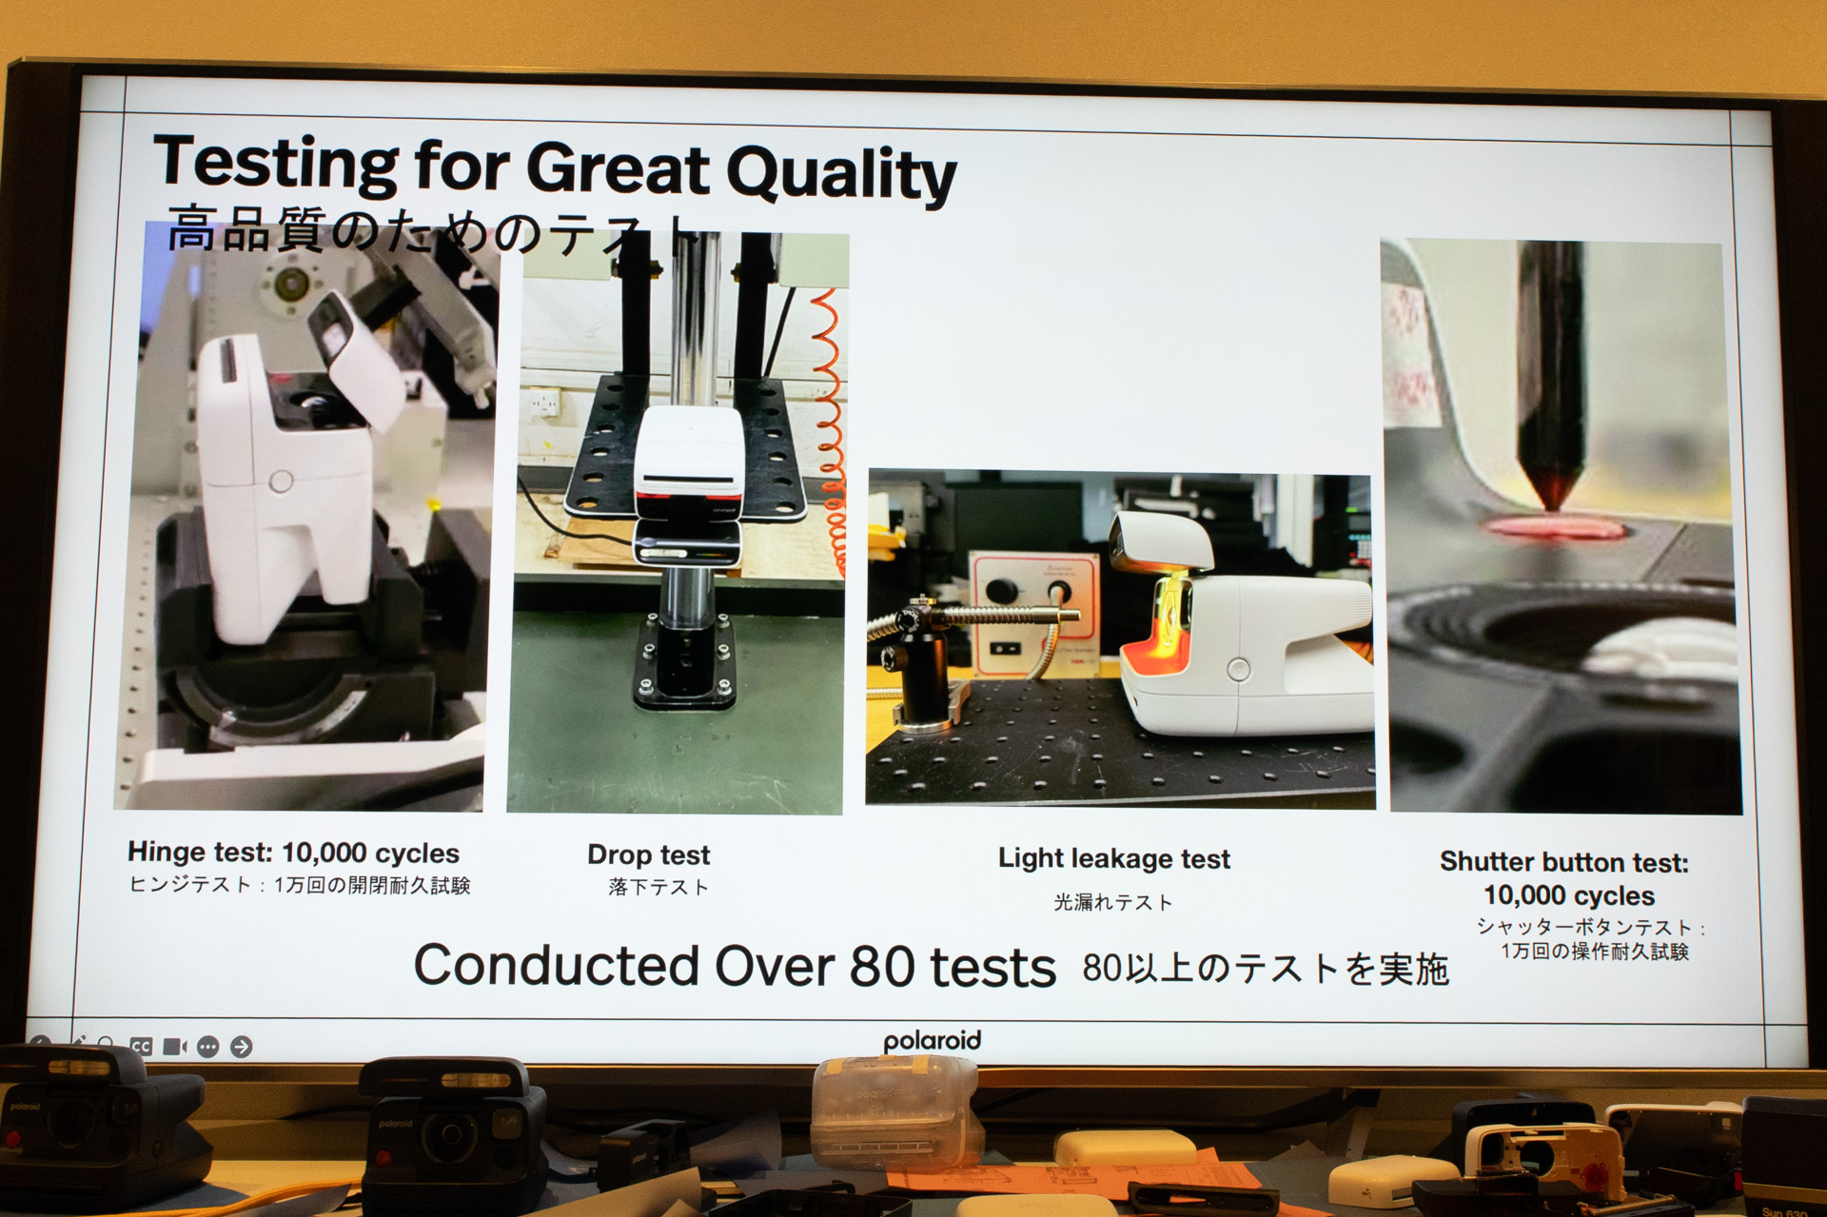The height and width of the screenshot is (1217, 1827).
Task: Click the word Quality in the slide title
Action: [841, 173]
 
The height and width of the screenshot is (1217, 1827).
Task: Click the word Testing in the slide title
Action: [275, 162]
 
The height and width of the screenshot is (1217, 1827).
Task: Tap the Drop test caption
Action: [648, 854]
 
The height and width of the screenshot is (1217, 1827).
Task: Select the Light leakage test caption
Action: [1113, 858]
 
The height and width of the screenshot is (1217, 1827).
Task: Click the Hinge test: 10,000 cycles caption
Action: [293, 853]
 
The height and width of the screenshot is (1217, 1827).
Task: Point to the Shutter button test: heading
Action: [1563, 862]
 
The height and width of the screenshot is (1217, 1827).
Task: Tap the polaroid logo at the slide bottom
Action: [932, 1041]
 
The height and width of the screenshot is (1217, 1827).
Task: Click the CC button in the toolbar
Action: [141, 1047]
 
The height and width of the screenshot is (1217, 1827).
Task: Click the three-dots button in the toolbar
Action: [207, 1047]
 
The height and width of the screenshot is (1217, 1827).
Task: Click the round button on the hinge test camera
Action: [281, 481]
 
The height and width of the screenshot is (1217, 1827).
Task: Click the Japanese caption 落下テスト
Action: [658, 887]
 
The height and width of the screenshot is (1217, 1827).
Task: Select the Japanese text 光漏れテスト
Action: [1112, 902]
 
